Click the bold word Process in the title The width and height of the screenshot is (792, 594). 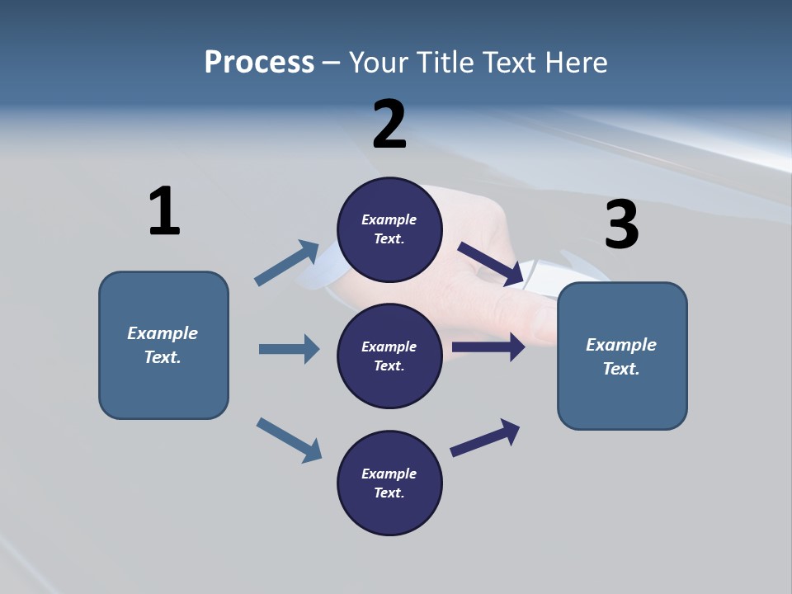pos(259,62)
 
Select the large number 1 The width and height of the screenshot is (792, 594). pos(164,211)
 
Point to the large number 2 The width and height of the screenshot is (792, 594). pos(389,125)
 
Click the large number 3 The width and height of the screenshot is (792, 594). pos(621,225)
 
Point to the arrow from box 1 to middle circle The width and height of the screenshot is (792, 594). pos(289,349)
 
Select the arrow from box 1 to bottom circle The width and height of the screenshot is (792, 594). pos(289,440)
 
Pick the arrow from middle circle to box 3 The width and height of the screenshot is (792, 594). pos(488,347)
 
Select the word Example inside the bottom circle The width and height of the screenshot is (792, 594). pos(389,474)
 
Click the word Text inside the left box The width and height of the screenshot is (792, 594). pos(163,357)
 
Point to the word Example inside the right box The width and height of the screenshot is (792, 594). pos(621,345)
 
